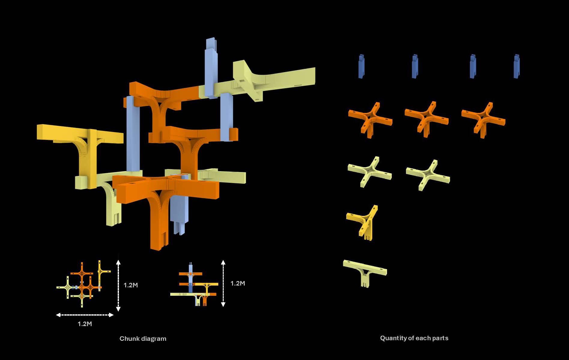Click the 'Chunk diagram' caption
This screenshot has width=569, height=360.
pyautogui.click(x=143, y=339)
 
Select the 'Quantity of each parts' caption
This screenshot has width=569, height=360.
pyautogui.click(x=414, y=338)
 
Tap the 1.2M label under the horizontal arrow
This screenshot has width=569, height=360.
pyautogui.click(x=85, y=324)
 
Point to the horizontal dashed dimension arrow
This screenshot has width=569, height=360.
pyautogui.click(x=85, y=315)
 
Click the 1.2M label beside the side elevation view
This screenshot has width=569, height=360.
pyautogui.click(x=238, y=283)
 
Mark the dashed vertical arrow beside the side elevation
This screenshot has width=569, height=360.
pyautogui.click(x=223, y=283)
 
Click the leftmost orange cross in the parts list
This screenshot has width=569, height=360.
pyautogui.click(x=370, y=119)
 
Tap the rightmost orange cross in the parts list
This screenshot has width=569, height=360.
pyautogui.click(x=483, y=119)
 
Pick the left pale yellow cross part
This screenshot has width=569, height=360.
pyautogui.click(x=369, y=172)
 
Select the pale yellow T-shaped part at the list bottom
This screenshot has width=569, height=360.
pyautogui.click(x=365, y=272)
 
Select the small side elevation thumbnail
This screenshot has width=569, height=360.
pyautogui.click(x=194, y=285)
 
